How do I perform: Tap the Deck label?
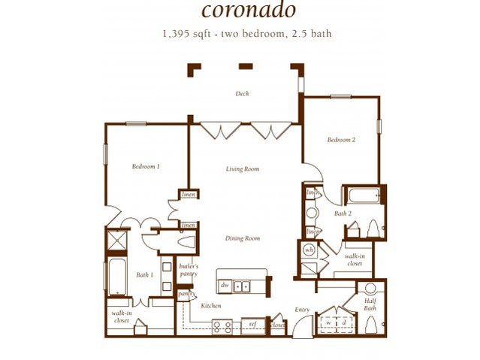[x=242, y=94]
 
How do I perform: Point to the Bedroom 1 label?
[x=146, y=166]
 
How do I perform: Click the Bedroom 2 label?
[x=340, y=140]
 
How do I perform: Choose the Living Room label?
[x=242, y=169]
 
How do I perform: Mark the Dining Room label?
[x=242, y=238]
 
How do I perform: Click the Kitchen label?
[x=210, y=306]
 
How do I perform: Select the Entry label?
[x=302, y=309]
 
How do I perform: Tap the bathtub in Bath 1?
[x=118, y=277]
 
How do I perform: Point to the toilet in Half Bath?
[x=370, y=325]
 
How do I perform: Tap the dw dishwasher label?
[x=225, y=286]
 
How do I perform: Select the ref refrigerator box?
[x=254, y=325]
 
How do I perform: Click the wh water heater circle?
[x=309, y=250]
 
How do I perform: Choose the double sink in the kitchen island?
[x=243, y=286]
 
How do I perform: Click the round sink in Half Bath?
[x=369, y=289]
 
